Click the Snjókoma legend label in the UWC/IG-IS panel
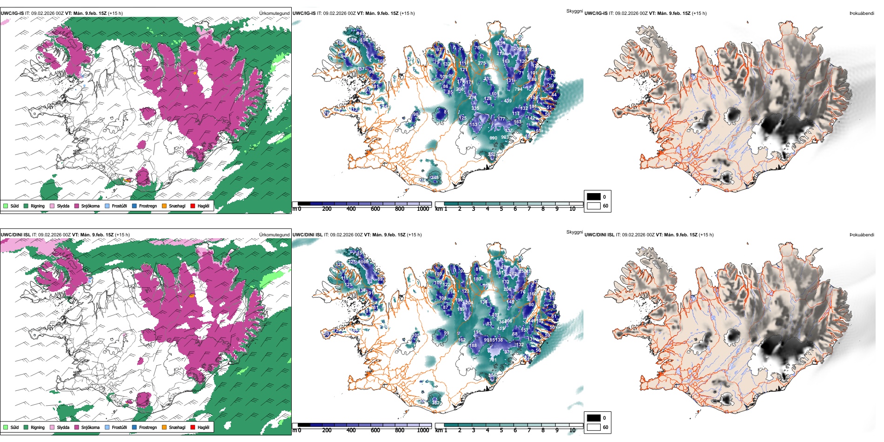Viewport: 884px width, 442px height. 90,206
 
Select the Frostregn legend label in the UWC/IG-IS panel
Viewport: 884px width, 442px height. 148,206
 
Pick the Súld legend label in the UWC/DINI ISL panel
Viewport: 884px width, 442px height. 14,427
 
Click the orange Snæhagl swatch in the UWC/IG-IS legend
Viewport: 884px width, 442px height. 164,206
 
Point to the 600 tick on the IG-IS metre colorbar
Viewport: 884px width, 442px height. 375,209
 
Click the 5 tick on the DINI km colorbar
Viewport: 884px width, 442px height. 502,430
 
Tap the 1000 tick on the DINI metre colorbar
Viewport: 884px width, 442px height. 423,430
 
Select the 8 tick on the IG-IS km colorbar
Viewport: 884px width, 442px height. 543,209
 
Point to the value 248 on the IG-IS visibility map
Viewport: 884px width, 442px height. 435,177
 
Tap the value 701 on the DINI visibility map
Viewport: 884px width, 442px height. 493,360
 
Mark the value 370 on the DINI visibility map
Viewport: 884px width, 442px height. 508,352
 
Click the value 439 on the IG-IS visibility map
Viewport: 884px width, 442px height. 508,100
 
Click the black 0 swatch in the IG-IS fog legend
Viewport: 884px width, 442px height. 594,196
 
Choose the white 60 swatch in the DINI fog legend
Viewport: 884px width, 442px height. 594,427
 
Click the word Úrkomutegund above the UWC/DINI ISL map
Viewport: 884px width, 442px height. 275,234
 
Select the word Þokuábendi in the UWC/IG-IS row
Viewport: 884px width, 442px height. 862,13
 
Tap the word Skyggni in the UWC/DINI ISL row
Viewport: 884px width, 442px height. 575,232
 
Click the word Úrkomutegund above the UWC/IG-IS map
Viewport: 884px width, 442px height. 275,13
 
